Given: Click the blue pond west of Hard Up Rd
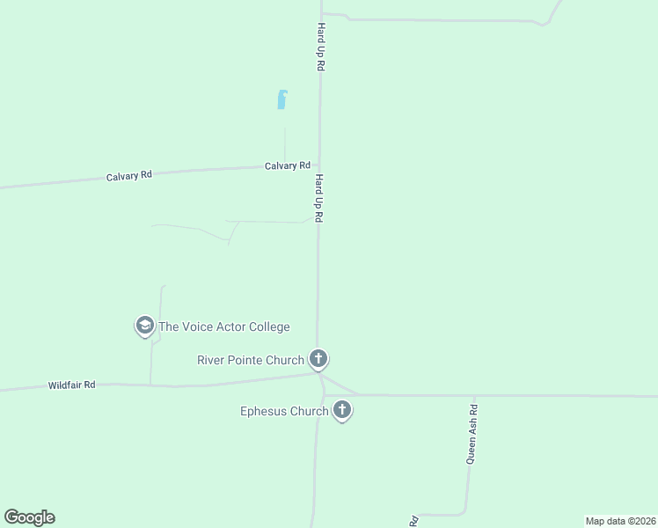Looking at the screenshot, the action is click(x=281, y=99).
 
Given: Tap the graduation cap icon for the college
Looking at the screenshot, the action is click(x=143, y=326).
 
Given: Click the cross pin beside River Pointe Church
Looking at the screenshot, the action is click(x=318, y=359).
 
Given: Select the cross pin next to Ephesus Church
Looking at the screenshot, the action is click(x=342, y=410).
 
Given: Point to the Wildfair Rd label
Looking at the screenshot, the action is click(x=71, y=385).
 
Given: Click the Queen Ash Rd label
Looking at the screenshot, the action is click(x=472, y=434).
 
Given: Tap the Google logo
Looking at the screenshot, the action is click(x=29, y=517).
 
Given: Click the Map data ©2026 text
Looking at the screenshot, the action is click(x=620, y=521).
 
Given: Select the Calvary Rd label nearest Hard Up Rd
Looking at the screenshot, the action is click(x=288, y=165).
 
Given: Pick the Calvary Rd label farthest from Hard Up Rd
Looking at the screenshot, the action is click(x=129, y=176).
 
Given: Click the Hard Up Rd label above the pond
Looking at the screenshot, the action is click(x=321, y=48).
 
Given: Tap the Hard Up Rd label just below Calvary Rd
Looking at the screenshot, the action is click(x=320, y=197).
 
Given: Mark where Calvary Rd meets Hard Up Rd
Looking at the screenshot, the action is click(x=318, y=165).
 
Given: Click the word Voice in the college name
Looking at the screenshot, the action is click(x=200, y=326).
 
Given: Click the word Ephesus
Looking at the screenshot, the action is click(x=265, y=410).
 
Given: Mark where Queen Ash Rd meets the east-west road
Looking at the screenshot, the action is click(x=474, y=396).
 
